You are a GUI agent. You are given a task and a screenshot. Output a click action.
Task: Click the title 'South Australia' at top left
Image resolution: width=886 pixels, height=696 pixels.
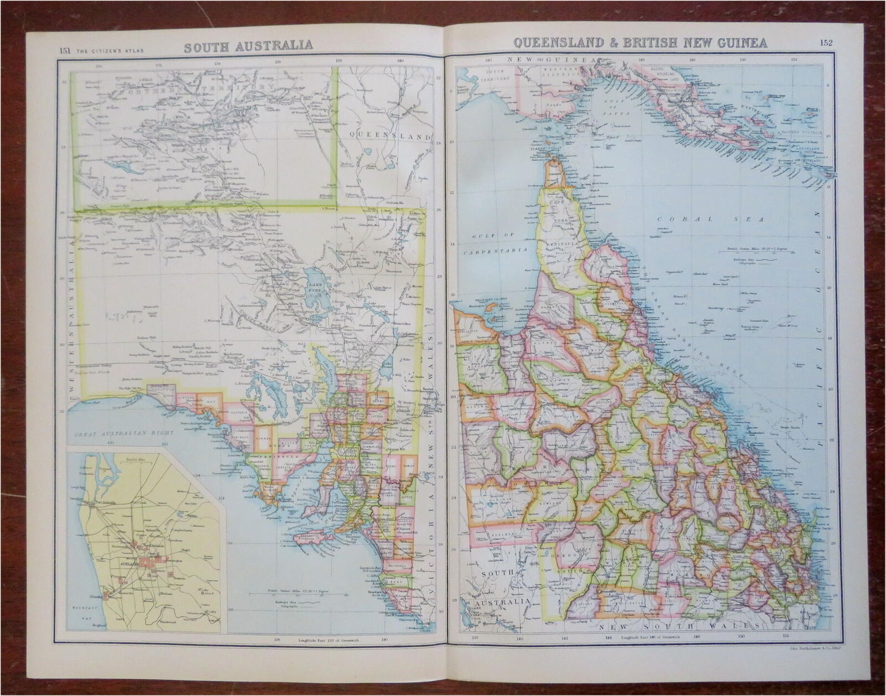pyautogui.click(x=248, y=45)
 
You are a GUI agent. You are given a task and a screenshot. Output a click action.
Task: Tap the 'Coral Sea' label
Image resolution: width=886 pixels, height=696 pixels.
pyautogui.click(x=710, y=219)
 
